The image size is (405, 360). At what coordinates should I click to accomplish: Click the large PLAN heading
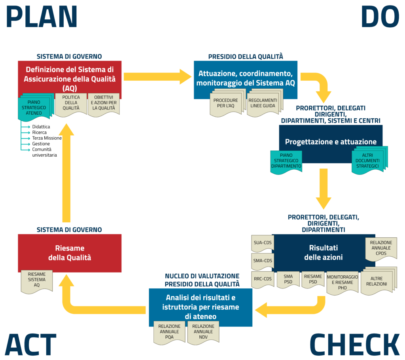point(42,17)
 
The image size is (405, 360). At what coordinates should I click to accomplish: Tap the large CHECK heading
point(354,345)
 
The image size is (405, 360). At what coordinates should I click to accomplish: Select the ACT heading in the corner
point(31,345)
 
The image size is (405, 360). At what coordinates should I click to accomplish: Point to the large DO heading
point(380,17)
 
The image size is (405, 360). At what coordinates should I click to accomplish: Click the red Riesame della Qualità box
point(70,253)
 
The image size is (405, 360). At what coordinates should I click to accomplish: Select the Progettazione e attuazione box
point(331,142)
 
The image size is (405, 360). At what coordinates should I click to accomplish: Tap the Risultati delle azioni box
point(323,252)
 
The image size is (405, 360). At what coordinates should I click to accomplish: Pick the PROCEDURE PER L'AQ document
point(225,104)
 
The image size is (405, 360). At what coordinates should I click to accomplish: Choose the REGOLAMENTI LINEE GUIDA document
point(263,104)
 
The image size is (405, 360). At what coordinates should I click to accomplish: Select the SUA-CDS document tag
point(262,242)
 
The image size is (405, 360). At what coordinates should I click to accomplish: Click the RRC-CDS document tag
point(262,279)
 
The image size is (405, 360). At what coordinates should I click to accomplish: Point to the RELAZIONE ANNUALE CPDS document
point(381,248)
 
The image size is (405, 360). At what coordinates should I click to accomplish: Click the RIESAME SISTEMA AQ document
point(36,280)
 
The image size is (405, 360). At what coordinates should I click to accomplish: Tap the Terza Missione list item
point(47,138)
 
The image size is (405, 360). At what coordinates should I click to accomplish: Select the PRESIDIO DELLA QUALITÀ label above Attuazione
point(246,57)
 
